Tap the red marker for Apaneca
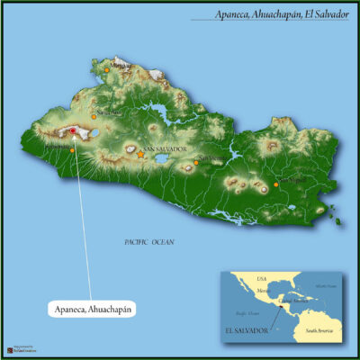(x=73, y=131)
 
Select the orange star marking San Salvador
(x=140, y=155)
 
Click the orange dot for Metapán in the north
(x=106, y=69)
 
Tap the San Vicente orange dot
(x=197, y=164)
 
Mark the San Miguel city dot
(x=276, y=184)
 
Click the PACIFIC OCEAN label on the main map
(x=148, y=241)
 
